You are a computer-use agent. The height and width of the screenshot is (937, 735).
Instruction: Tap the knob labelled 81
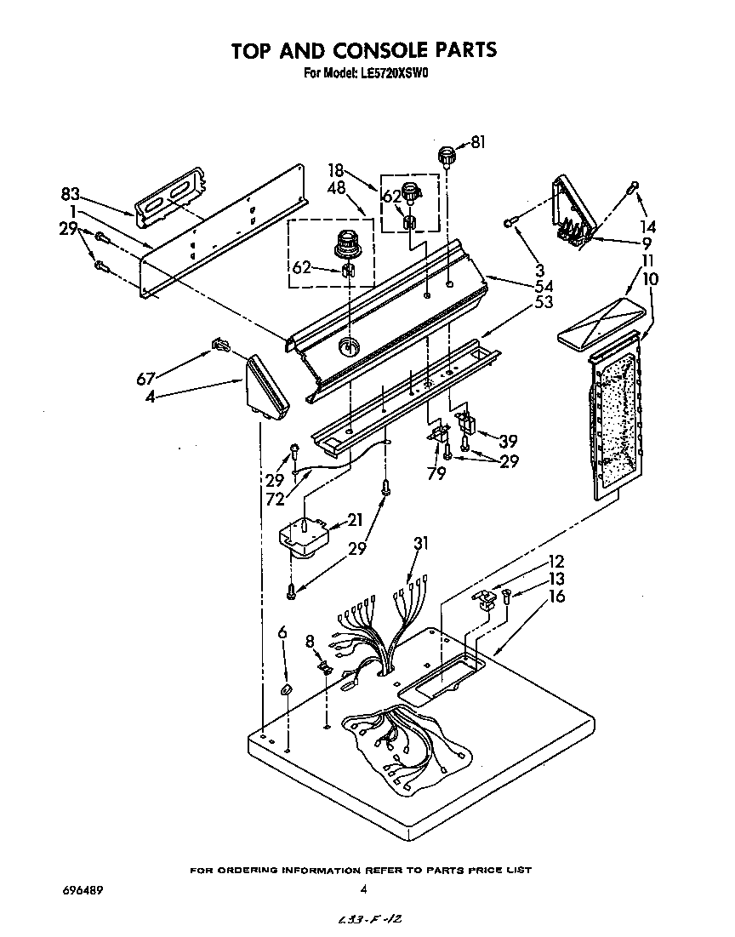446,156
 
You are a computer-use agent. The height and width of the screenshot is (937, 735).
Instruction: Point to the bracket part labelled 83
170,197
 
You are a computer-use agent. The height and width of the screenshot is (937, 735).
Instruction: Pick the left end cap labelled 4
267,390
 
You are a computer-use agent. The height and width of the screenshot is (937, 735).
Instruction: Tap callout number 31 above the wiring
421,543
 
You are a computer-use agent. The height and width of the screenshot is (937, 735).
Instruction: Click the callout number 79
436,472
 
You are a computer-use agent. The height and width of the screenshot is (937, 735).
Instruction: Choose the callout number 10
650,278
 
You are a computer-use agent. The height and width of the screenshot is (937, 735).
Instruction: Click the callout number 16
556,597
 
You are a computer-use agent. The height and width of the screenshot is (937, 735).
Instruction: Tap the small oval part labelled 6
287,688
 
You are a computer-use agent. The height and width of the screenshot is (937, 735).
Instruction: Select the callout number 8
310,642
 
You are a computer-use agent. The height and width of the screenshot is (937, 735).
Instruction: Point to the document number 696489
83,890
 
